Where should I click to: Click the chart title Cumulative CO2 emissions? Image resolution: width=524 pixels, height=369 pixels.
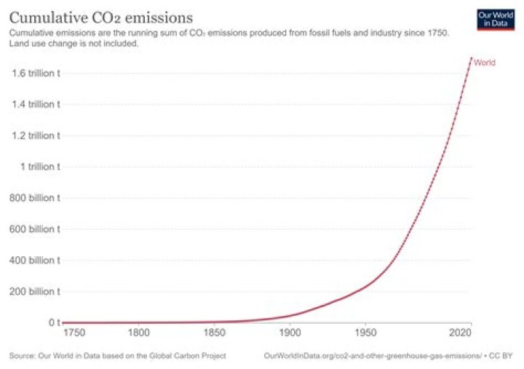100,16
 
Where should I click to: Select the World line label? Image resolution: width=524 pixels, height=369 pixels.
485,63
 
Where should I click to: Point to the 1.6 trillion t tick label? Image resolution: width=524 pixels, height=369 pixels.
34,73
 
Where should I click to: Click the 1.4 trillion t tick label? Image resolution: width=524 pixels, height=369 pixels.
34,104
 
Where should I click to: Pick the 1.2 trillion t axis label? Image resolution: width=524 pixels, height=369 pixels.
34,135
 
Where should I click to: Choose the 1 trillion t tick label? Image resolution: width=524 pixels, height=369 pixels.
39,167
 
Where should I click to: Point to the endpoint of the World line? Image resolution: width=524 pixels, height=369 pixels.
471,57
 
